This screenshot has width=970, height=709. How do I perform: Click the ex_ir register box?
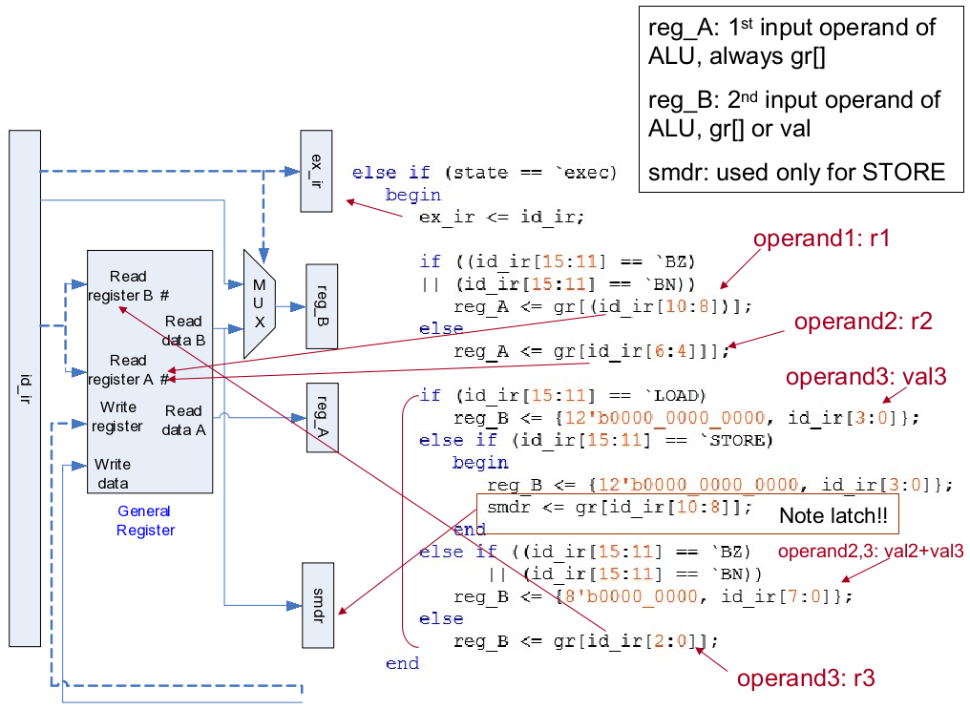[x=316, y=171]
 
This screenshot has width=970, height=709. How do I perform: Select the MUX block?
[x=259, y=303]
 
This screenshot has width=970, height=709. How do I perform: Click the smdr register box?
[x=318, y=604]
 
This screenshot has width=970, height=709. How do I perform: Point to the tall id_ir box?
[x=25, y=387]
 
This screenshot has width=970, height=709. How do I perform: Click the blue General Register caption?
[x=145, y=521]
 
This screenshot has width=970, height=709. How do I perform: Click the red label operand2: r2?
[x=862, y=323]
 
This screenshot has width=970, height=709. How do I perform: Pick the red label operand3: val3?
[x=866, y=377]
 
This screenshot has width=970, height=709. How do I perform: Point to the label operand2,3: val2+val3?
[x=871, y=552]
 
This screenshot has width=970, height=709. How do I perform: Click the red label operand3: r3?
[x=805, y=678]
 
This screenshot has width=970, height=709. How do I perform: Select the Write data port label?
[x=113, y=473]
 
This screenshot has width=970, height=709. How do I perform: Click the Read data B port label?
[x=184, y=330]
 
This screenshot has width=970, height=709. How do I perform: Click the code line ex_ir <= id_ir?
[x=501, y=217]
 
